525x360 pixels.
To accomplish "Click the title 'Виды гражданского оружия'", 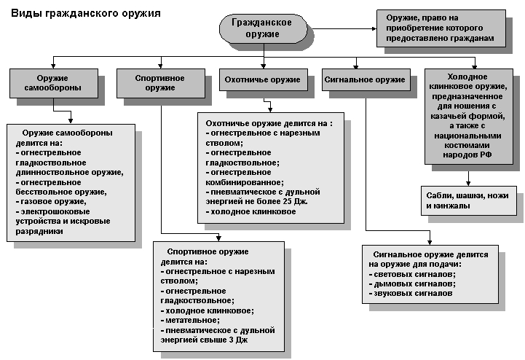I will pyautogui.click(x=86, y=13).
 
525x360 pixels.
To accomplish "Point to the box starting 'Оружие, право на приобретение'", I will pyautogui.click(x=441, y=28).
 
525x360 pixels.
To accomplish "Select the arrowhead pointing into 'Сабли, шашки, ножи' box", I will pyautogui.click(x=470, y=184).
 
